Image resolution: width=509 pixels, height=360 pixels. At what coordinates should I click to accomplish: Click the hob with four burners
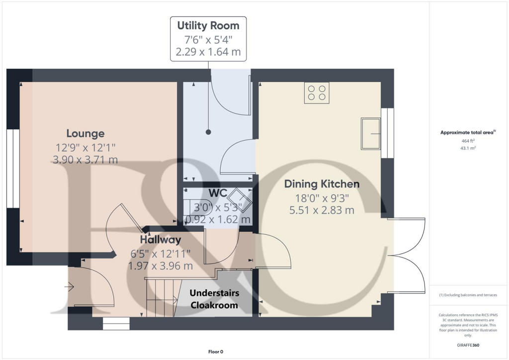[317, 93]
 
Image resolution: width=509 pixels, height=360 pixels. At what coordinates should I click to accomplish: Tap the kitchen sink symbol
[370, 133]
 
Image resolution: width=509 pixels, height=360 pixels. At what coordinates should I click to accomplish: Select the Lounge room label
[85, 133]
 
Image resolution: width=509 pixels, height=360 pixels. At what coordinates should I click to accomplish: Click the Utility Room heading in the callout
[208, 25]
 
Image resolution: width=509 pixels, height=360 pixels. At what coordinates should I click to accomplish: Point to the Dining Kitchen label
[322, 184]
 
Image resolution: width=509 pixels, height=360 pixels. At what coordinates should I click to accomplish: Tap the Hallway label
[160, 240]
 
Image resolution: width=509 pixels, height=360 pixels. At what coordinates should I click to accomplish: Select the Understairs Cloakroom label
[214, 299]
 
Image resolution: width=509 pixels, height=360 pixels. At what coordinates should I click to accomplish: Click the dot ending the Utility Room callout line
[208, 132]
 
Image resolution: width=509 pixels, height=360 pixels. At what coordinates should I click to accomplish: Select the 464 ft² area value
[468, 141]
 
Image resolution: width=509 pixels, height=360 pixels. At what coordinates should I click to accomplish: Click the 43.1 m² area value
[468, 148]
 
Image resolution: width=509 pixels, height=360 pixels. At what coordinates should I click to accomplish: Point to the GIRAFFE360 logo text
[468, 345]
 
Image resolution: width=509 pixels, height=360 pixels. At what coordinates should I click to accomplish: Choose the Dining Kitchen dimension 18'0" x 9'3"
[322, 197]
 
